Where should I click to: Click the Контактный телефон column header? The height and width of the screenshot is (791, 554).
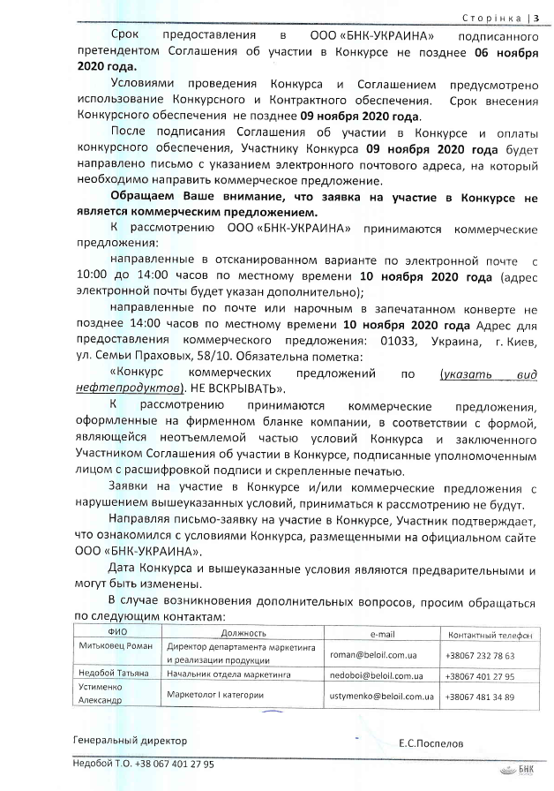(490, 633)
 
